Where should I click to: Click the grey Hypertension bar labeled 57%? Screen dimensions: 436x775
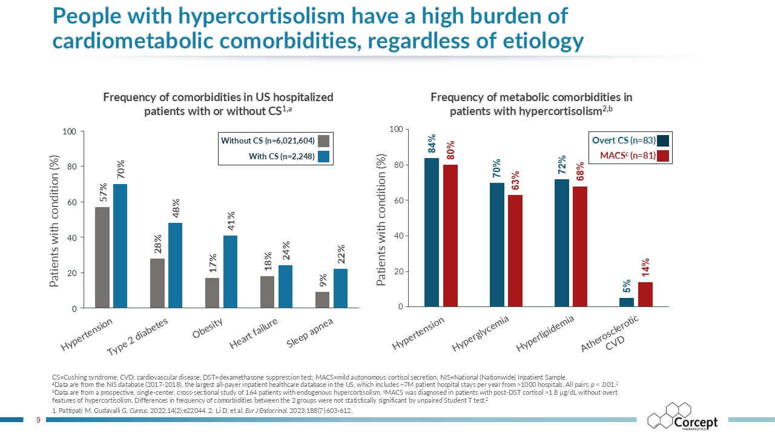click(x=102, y=257)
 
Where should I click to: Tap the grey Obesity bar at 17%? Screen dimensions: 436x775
click(x=212, y=292)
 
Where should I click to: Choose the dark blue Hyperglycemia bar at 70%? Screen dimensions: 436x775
click(x=496, y=245)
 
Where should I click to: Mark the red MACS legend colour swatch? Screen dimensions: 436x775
click(x=663, y=156)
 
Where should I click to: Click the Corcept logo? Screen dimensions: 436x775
click(x=682, y=416)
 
